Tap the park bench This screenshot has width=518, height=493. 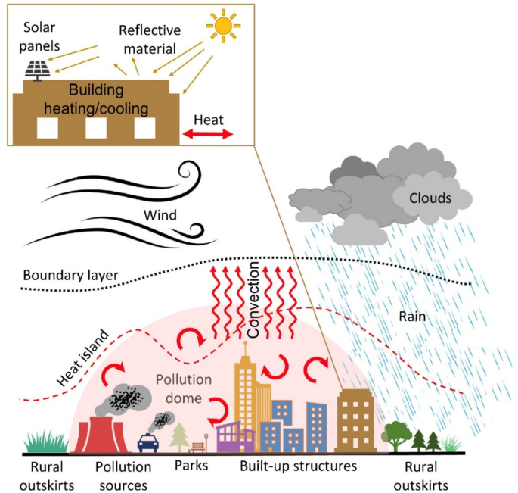click(200, 445)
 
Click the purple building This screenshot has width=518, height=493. click(234, 438)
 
